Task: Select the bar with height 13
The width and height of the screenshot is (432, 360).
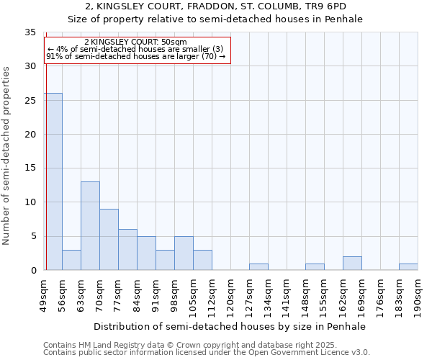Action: [x=90, y=225]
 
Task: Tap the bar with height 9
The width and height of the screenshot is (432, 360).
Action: [x=109, y=239]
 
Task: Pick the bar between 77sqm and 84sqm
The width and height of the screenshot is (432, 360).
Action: [x=127, y=249]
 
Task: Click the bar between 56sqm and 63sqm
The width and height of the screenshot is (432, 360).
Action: [x=71, y=260]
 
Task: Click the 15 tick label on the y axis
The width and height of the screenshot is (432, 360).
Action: [x=30, y=168]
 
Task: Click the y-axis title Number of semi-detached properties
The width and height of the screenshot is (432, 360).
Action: [x=7, y=156]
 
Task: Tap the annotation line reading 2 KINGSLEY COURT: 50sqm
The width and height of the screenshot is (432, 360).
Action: [x=136, y=42]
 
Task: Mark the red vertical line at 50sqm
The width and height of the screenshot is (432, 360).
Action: [x=45, y=158]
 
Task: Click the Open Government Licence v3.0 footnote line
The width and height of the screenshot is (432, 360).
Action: [x=207, y=353]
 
